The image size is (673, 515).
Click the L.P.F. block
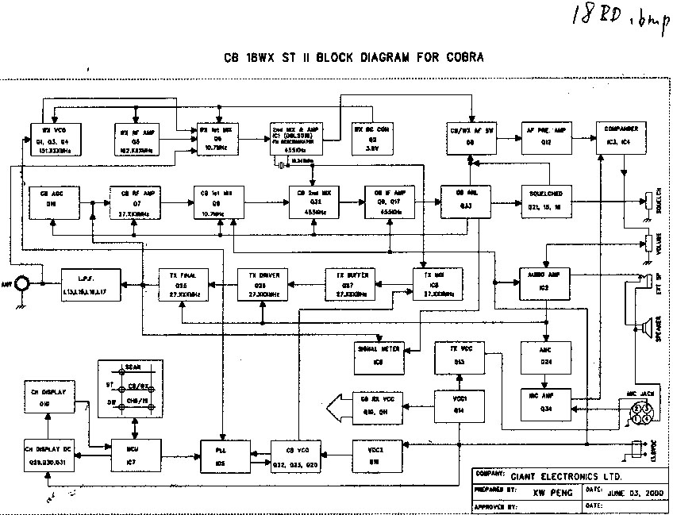tap(90, 280)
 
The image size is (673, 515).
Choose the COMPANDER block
tap(619, 136)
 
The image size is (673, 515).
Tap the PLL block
tap(221, 455)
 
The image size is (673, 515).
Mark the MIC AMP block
tap(543, 401)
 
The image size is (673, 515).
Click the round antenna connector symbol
tap(25, 282)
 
